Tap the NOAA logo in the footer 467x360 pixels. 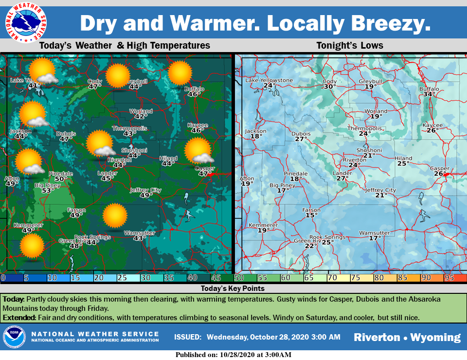point(14,337)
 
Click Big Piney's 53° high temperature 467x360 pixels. point(47,191)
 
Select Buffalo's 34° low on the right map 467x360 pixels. point(429,94)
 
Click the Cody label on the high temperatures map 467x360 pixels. point(94,81)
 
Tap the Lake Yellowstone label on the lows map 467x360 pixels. point(269,80)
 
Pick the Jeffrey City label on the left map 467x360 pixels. point(145,190)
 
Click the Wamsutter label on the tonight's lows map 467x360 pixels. point(374,233)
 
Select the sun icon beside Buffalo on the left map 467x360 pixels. point(180,73)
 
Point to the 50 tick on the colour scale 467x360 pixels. point(239,278)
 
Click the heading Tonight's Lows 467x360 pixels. point(349,46)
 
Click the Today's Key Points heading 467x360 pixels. point(233,288)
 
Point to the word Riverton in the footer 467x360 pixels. point(376,337)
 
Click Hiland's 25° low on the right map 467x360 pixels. point(402,163)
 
